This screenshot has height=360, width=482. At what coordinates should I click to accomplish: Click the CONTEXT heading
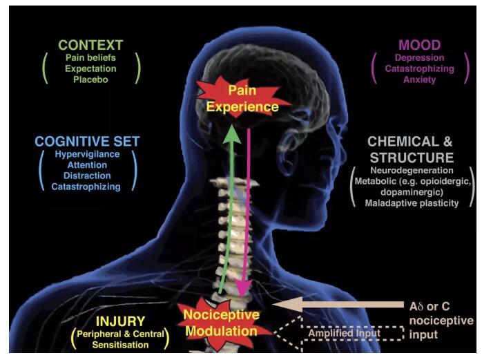pyautogui.click(x=90, y=46)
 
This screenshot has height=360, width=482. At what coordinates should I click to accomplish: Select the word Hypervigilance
pyautogui.click(x=86, y=154)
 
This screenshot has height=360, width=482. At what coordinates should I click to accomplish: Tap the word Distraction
pyautogui.click(x=86, y=176)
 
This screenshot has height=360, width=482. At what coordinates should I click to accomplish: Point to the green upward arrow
pyautogui.click(x=228, y=207)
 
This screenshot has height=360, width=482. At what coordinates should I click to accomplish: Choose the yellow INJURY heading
pyautogui.click(x=121, y=321)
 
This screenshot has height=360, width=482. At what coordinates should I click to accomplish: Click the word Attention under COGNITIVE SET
pyautogui.click(x=86, y=165)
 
